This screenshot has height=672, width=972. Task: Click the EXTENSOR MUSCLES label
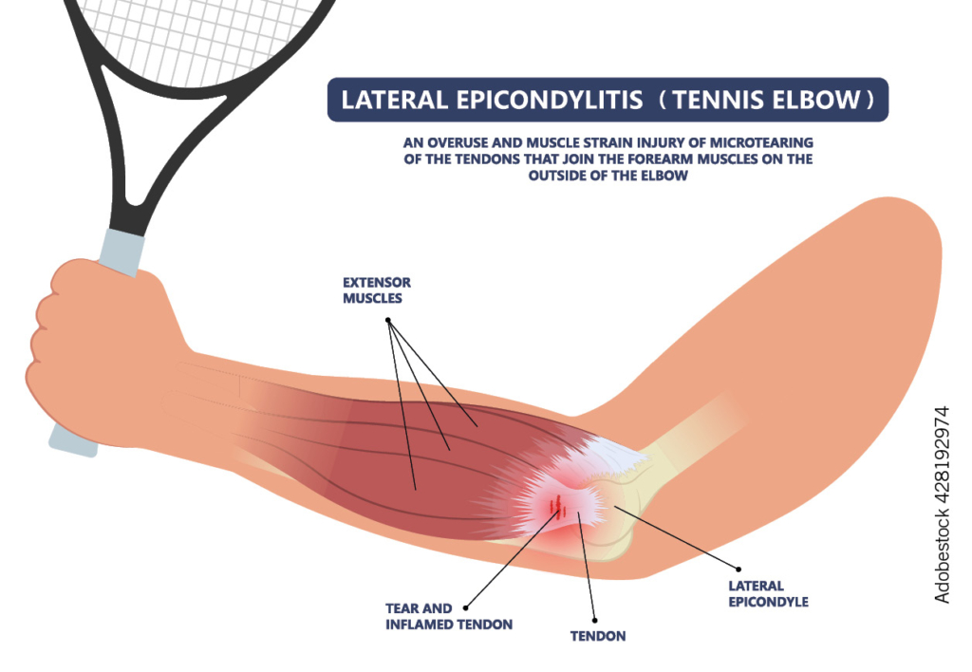[x=377, y=290]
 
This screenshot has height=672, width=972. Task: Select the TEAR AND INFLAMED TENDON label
[x=449, y=616]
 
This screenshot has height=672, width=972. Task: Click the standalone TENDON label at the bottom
[x=599, y=635]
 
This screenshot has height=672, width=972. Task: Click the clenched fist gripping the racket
[x=90, y=342]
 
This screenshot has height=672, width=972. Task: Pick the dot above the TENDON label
[x=594, y=617]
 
